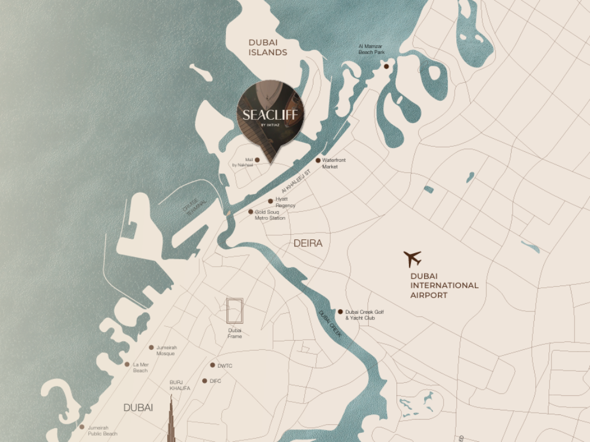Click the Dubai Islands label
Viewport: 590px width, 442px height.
point(267,47)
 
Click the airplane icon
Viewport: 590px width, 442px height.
point(413,258)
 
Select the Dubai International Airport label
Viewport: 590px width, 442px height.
point(444,285)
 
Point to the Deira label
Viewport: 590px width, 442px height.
point(308,243)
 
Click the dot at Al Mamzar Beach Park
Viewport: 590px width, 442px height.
point(386,66)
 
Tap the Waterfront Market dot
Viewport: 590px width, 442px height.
point(317,161)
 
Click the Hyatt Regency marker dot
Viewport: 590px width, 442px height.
point(270,201)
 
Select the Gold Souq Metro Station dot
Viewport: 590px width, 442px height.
point(251,212)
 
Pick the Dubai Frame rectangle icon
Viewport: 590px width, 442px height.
point(235,311)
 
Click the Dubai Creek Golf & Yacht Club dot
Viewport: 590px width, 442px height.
point(340,312)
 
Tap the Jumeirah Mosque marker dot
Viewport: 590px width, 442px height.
point(152,348)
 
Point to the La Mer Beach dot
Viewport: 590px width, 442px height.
point(127,364)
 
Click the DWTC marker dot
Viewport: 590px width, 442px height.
point(212,365)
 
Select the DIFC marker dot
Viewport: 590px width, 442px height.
point(204,380)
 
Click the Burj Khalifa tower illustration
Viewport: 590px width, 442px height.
point(171,420)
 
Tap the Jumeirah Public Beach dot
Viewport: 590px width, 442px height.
point(82,427)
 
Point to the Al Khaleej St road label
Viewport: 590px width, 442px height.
point(296,180)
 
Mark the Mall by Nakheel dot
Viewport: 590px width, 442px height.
point(257,160)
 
